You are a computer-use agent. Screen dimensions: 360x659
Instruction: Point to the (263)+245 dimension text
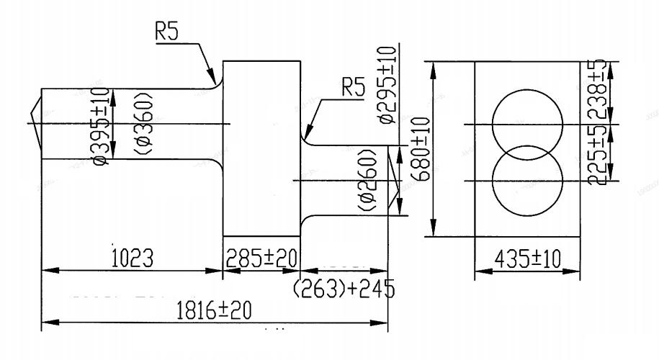[x=344, y=289]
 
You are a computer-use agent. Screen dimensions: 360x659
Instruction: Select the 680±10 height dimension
[x=423, y=149]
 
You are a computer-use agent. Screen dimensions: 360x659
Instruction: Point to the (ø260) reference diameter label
[x=366, y=181]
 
